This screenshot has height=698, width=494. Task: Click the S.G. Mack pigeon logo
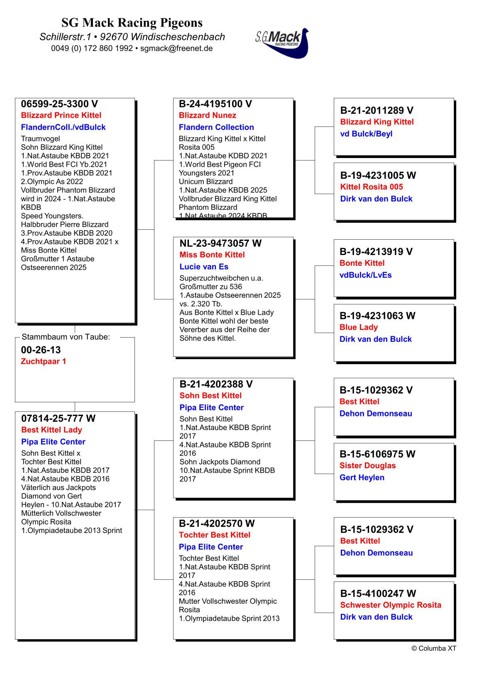[x=282, y=43]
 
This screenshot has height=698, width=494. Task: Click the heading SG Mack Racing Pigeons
[x=132, y=22]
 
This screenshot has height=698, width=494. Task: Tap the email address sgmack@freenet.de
[x=176, y=48]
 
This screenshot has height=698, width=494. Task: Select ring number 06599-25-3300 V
[x=59, y=104]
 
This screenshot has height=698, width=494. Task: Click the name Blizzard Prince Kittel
[x=61, y=115]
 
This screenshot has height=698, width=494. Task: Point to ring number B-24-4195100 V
[x=215, y=104]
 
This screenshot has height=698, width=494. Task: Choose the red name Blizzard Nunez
[x=208, y=115]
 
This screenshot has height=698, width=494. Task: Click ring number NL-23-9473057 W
[x=220, y=243]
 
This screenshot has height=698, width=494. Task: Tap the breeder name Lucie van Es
[x=204, y=267]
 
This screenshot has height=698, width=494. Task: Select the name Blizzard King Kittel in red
[x=377, y=122]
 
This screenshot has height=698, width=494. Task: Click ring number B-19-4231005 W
[x=378, y=175]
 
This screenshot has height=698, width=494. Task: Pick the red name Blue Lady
[x=359, y=327]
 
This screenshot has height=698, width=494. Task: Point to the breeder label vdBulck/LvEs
[x=365, y=275]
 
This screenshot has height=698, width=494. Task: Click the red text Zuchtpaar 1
[x=44, y=361]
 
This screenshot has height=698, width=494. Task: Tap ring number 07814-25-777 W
[x=59, y=418]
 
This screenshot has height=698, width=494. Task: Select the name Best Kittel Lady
[x=51, y=430]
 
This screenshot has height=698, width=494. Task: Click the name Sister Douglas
[x=367, y=466]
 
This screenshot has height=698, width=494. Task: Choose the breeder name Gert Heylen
[x=362, y=477]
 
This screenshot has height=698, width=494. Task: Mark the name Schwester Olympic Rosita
[x=391, y=605]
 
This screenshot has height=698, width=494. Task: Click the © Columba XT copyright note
[x=434, y=649]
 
